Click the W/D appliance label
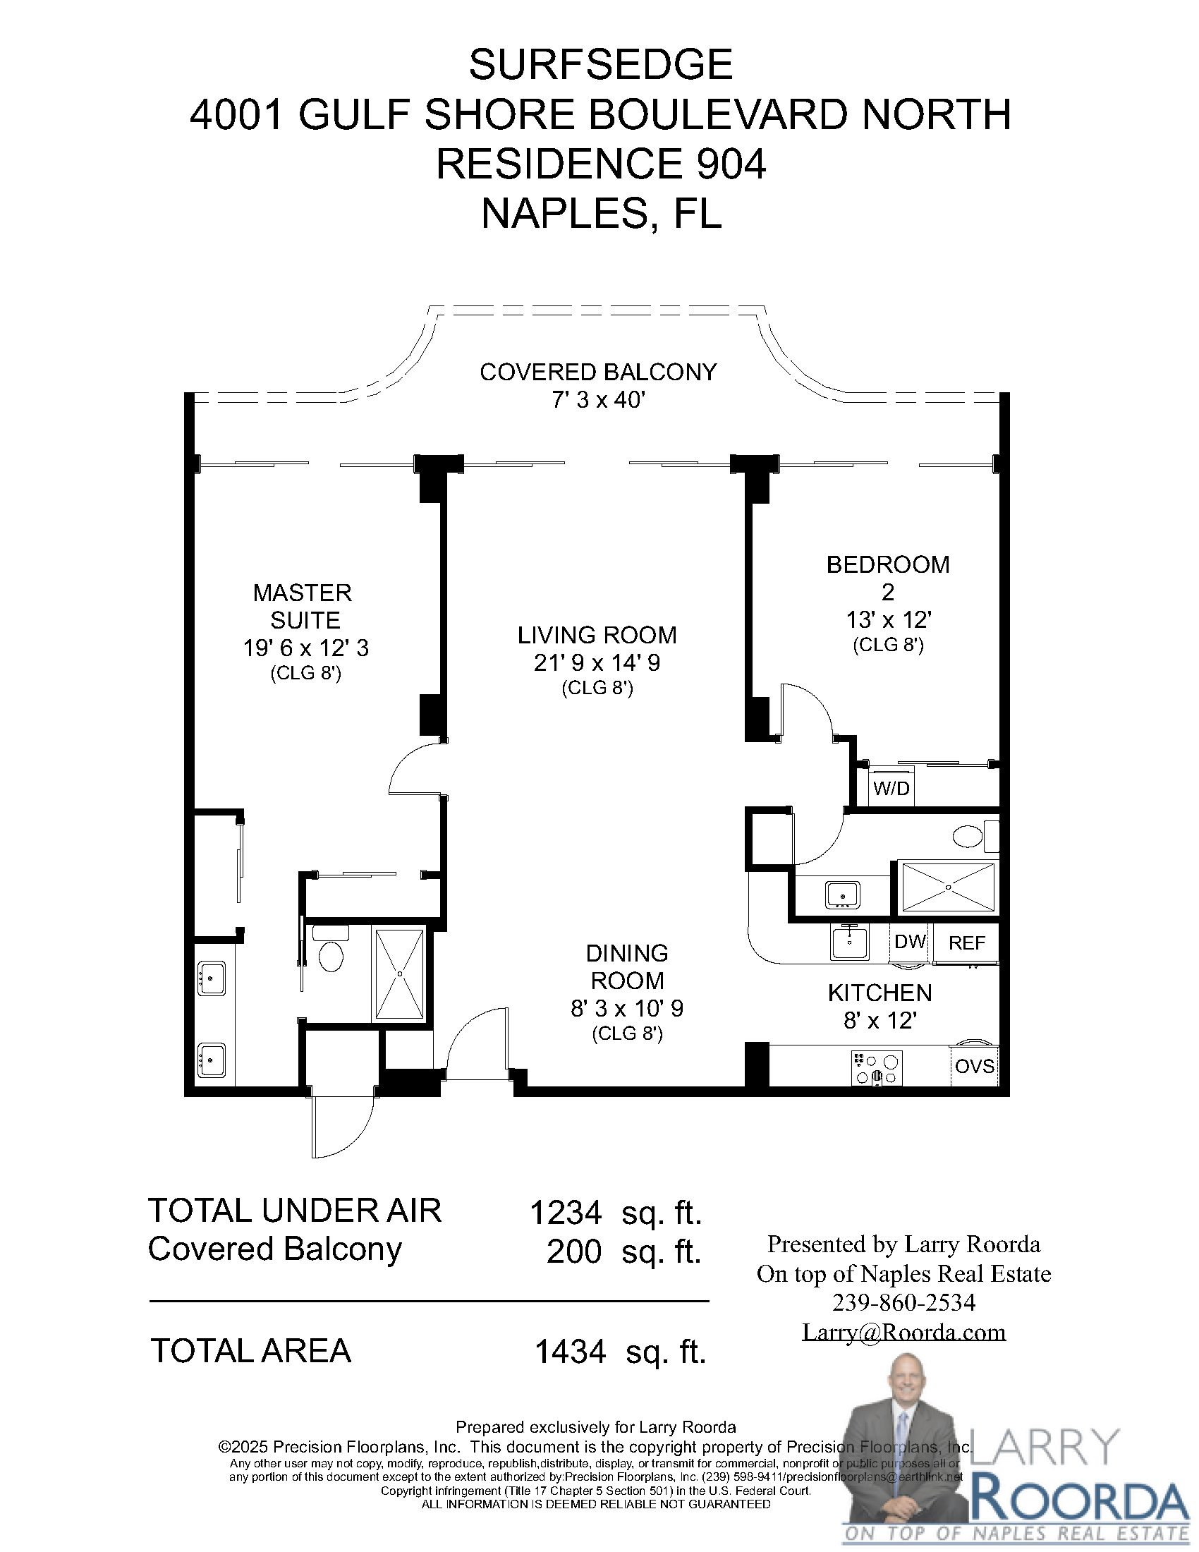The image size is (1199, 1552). (891, 788)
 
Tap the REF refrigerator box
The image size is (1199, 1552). (966, 943)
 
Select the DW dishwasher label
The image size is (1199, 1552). (910, 942)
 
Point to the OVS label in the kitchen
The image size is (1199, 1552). (975, 1066)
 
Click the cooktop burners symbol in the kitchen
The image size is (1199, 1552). (877, 1068)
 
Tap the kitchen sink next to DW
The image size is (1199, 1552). (850, 942)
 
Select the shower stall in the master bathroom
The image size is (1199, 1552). (400, 974)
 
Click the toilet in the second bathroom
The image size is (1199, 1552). (968, 836)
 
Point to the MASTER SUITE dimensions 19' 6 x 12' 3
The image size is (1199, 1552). (305, 648)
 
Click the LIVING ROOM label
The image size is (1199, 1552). (597, 635)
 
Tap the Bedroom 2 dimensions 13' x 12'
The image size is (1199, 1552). (888, 620)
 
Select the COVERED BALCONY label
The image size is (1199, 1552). (598, 372)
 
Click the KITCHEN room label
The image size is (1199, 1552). (880, 993)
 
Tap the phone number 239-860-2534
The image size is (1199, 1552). (903, 1303)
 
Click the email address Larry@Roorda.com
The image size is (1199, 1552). (903, 1332)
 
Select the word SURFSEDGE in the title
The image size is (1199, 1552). (600, 66)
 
